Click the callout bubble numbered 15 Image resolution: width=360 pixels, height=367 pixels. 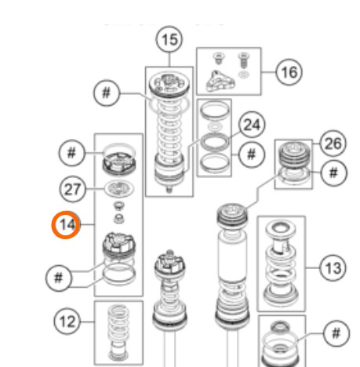point(169,39)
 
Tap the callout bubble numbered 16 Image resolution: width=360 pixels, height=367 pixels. point(289,72)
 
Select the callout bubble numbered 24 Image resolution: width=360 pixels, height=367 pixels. point(252,125)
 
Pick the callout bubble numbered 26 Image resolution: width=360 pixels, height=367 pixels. point(333,144)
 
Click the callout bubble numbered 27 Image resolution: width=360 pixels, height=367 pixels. point(72,189)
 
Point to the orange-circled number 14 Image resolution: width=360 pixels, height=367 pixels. point(66,225)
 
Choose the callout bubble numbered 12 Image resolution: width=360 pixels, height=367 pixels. point(67,322)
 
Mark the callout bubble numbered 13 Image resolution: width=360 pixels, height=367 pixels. point(333,268)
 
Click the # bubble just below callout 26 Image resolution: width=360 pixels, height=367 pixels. point(334,173)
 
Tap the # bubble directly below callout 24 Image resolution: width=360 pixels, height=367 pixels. point(251,154)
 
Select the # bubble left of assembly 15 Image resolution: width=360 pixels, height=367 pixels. point(107,93)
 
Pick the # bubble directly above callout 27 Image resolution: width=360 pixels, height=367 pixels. point(71,153)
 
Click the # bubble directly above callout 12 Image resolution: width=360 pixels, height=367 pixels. point(59,278)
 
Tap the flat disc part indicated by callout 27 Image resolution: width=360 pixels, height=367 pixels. point(119,188)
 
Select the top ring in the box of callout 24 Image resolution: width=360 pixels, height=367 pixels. point(214,110)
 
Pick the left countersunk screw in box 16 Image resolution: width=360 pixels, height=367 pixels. point(217,58)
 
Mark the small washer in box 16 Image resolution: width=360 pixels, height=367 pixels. point(244,74)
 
